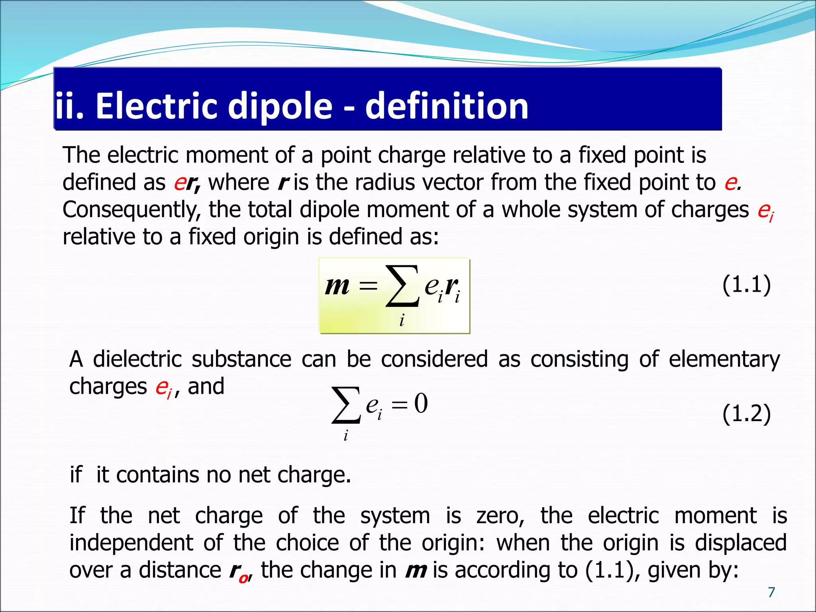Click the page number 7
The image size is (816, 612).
[771, 592]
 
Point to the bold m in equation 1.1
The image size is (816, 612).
[337, 286]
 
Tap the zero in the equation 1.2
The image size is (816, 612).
[421, 403]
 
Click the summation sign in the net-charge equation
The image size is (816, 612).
[346, 405]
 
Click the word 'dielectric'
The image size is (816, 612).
[137, 359]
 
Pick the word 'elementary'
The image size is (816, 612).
[724, 360]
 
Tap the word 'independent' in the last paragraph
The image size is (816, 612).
[131, 543]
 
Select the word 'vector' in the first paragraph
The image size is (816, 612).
[449, 183]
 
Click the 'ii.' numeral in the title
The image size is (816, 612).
[69, 106]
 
